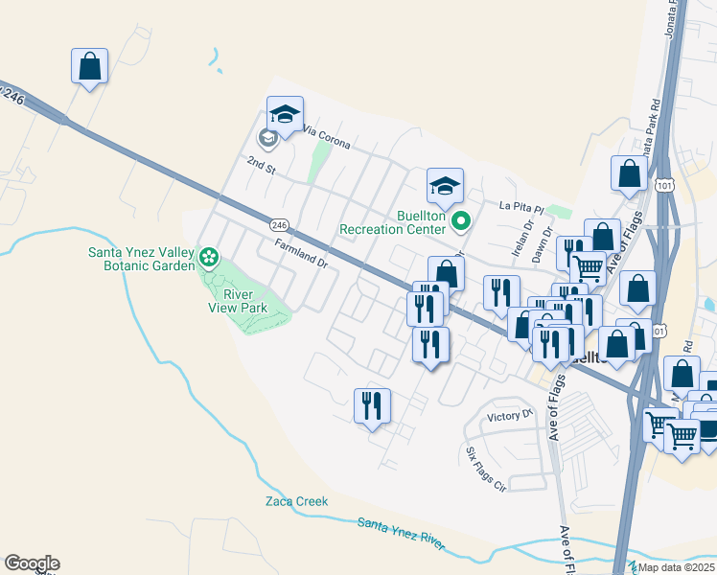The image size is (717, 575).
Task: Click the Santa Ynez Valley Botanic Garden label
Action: [x=141, y=260]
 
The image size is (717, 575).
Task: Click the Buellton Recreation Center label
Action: [x=393, y=222]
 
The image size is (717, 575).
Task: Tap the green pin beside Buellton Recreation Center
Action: [x=460, y=222]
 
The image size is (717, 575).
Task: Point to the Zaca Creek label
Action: [x=296, y=501]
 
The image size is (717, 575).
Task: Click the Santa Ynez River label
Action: [x=401, y=534]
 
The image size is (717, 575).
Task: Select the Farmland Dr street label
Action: [x=301, y=253]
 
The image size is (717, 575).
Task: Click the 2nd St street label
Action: [x=260, y=167]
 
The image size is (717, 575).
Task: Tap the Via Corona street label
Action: [x=326, y=137]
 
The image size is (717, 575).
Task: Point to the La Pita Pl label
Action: [x=520, y=206]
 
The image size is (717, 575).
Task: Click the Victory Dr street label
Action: [x=509, y=416]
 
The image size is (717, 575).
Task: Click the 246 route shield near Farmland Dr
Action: [x=279, y=224]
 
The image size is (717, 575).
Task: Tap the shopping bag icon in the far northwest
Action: [x=89, y=66]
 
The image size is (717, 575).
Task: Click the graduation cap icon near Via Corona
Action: [x=285, y=114]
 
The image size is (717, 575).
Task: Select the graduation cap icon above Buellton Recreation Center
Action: [x=445, y=185]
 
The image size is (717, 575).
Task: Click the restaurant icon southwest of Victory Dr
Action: [x=372, y=404]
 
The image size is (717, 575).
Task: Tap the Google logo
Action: [x=32, y=563]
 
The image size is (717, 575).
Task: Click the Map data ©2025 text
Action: [x=677, y=567]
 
